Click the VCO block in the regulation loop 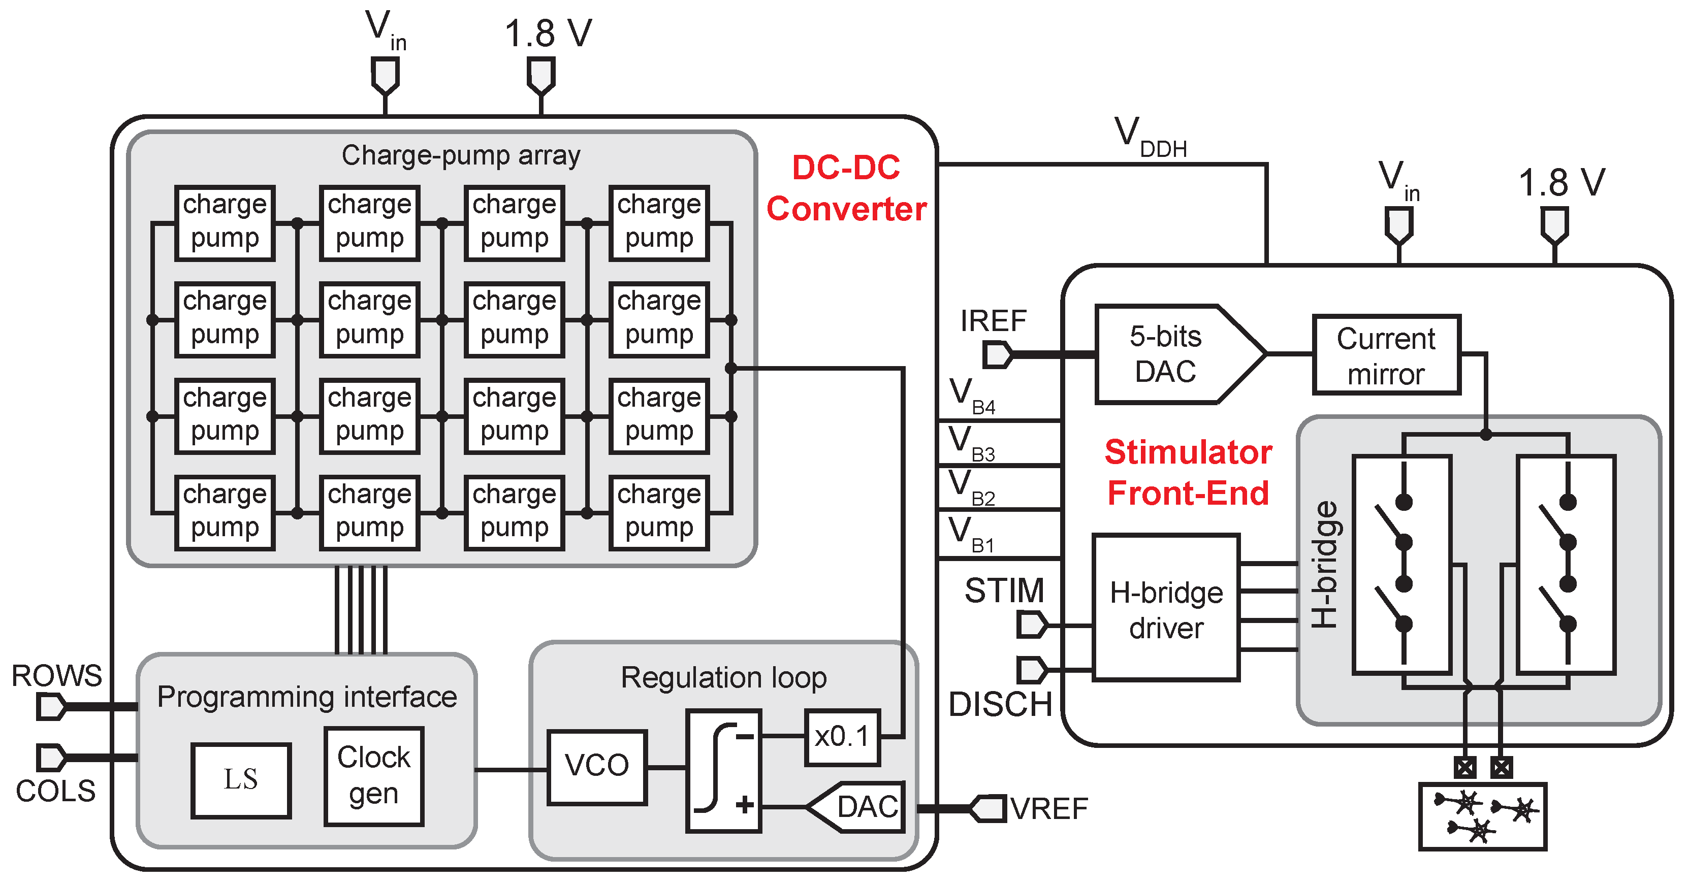point(597,766)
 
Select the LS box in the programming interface point(241,780)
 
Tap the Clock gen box point(374,775)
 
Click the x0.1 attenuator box point(842,737)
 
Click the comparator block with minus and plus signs point(723,771)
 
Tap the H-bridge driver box point(1166,608)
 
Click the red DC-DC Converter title point(846,189)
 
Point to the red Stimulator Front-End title point(1188,472)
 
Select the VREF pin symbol point(987,808)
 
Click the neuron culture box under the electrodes point(1482,816)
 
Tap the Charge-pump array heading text point(460,156)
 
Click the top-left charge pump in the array point(224,223)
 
